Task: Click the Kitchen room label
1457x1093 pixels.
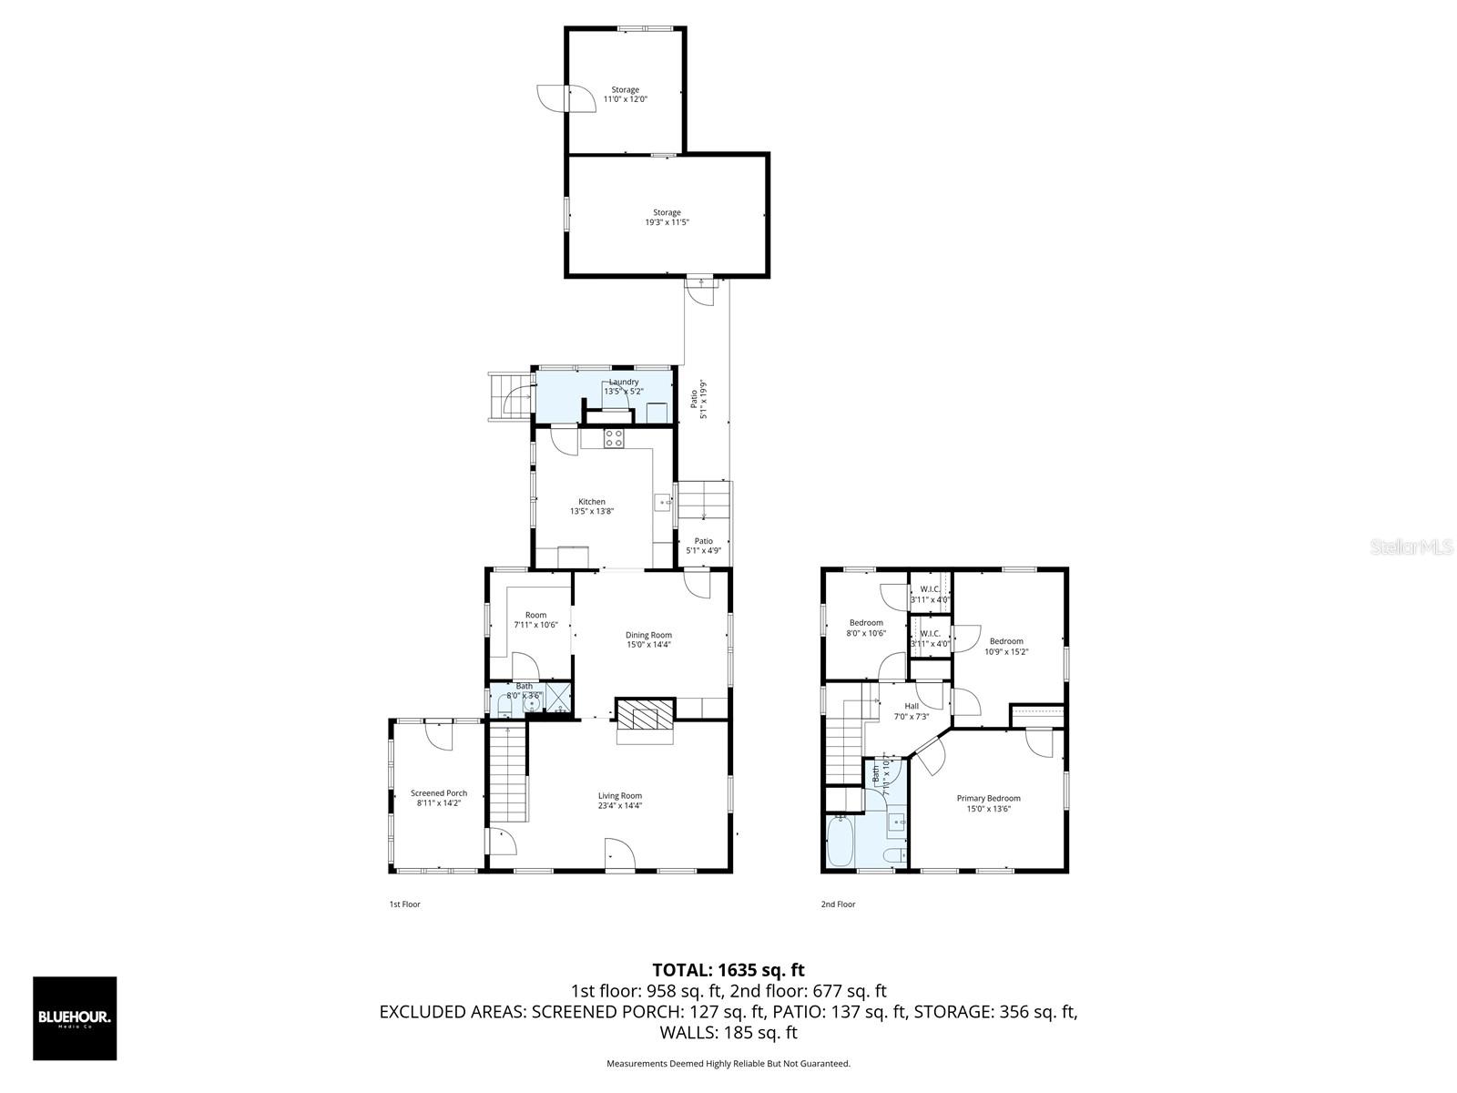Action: (x=592, y=506)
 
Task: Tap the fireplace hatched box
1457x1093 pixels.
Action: (x=646, y=713)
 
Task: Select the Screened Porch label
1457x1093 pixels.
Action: (x=439, y=798)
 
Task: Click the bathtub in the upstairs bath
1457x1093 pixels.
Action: (x=840, y=843)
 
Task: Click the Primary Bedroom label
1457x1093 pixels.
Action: (x=988, y=803)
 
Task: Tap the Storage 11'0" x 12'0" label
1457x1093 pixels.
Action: (x=625, y=95)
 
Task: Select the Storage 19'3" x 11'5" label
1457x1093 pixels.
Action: (x=667, y=217)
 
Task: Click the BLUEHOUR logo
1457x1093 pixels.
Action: (x=75, y=1018)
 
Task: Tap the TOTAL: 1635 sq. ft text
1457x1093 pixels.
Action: (x=728, y=970)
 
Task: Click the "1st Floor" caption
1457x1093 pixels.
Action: (x=404, y=904)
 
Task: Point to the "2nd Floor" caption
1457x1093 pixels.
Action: (x=838, y=904)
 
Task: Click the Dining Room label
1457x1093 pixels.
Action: (x=648, y=639)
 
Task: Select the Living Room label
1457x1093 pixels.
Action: (x=620, y=801)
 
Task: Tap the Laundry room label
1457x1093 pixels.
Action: (x=624, y=386)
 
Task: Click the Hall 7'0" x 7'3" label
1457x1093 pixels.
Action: (x=912, y=710)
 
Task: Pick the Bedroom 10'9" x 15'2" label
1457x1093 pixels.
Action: (x=1006, y=646)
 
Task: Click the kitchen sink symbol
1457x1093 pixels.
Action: (x=663, y=502)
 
